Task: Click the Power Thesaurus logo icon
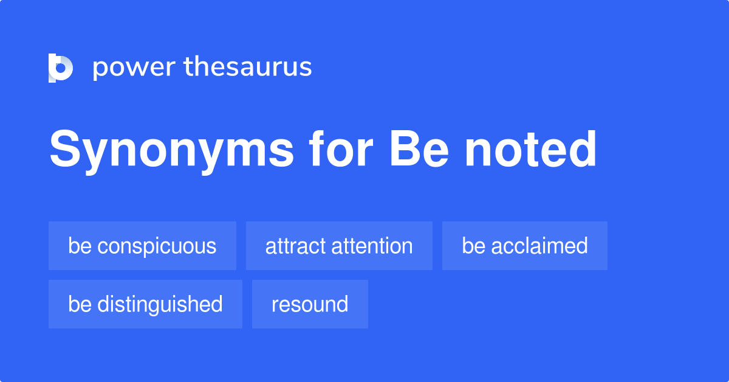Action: (x=61, y=68)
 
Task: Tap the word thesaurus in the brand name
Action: (x=248, y=67)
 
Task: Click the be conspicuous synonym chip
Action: (x=142, y=246)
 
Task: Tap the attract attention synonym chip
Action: (x=339, y=246)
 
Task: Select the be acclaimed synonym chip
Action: (x=525, y=246)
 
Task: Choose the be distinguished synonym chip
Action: (x=145, y=304)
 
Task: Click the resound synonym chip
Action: (x=310, y=304)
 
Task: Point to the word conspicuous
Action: (x=157, y=246)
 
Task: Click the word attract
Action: (x=294, y=246)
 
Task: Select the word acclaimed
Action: (x=540, y=246)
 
